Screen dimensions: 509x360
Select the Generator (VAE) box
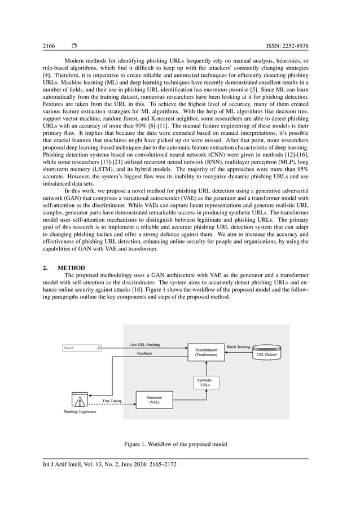(x=154, y=400)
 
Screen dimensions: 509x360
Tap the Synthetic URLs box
(x=205, y=383)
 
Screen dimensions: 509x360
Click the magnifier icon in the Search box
(x=99, y=348)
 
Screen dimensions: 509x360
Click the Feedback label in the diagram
(x=145, y=354)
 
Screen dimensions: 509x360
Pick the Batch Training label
(x=238, y=347)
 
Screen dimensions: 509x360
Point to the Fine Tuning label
(x=112, y=401)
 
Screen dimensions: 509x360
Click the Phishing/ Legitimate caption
(x=80, y=412)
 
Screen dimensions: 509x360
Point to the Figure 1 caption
(x=175, y=444)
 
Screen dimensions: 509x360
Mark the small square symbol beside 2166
(x=74, y=46)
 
